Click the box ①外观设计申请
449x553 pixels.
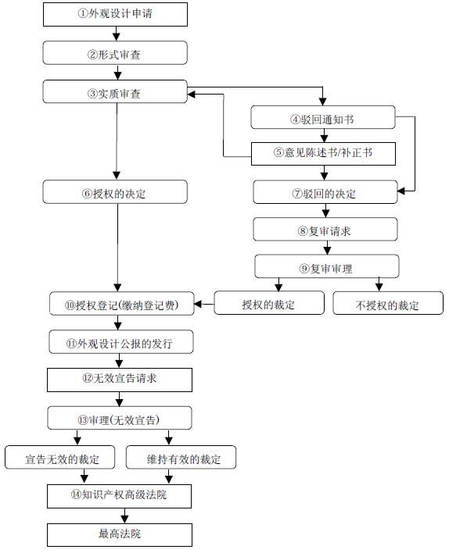pyautogui.click(x=115, y=13)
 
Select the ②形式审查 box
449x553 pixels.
pyautogui.click(x=115, y=53)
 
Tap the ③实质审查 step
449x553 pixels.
pyautogui.click(x=115, y=92)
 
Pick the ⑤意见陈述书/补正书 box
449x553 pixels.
pyautogui.click(x=323, y=153)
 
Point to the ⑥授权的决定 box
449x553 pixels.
pyautogui.click(x=115, y=192)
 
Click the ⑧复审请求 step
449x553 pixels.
pyautogui.click(x=325, y=230)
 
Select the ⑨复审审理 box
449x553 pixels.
pyautogui.click(x=325, y=268)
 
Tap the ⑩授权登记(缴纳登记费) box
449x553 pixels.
pyautogui.click(x=120, y=305)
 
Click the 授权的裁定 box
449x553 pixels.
pyautogui.click(x=268, y=304)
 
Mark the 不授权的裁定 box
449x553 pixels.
pyautogui.click(x=387, y=304)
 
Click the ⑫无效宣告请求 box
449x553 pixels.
pyautogui.click(x=119, y=380)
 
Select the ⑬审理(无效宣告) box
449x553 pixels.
pyautogui.click(x=119, y=418)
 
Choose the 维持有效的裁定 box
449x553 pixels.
pyautogui.click(x=184, y=457)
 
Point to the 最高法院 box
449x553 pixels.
pyautogui.click(x=119, y=534)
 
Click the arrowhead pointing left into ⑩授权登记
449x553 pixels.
pyautogui.click(x=198, y=305)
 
